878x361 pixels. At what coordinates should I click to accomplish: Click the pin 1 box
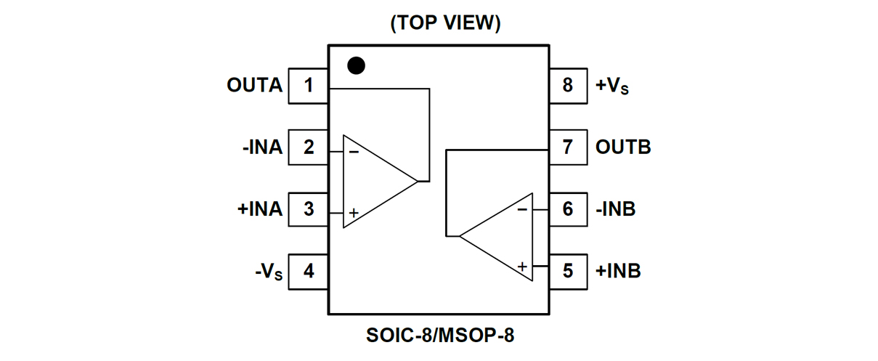[x=309, y=86]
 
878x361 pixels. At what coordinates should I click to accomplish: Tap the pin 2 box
[x=309, y=147]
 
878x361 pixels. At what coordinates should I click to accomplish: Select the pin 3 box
[x=309, y=209]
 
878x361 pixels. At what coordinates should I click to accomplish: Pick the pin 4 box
[x=309, y=272]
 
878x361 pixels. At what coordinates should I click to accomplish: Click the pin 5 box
[x=568, y=272]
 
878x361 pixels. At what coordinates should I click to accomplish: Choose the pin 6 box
[x=568, y=209]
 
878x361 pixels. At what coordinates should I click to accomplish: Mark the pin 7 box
[x=568, y=147]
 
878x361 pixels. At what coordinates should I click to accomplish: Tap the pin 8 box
[x=568, y=86]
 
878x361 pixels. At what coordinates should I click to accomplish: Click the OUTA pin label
[x=254, y=86]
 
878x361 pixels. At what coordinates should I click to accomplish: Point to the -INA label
[x=262, y=147]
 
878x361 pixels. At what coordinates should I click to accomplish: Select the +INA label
[x=259, y=209]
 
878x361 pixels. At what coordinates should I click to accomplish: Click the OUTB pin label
[x=623, y=147]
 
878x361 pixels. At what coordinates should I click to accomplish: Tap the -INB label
[x=616, y=209]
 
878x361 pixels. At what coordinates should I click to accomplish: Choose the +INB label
[x=618, y=272]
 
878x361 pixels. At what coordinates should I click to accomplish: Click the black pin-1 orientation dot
[x=356, y=65]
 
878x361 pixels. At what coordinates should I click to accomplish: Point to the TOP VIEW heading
[x=445, y=23]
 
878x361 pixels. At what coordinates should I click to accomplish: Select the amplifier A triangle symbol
[x=374, y=182]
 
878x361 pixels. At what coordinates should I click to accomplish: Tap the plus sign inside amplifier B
[x=522, y=267]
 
